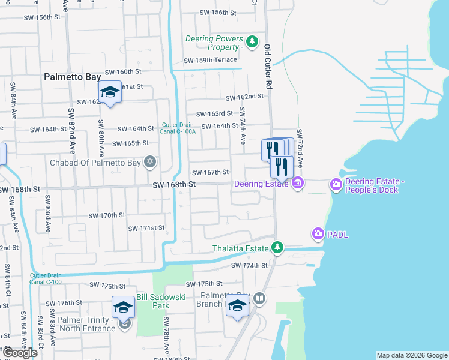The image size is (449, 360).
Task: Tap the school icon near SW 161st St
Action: (110, 92)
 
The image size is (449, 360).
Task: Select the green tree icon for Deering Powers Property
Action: (252, 41)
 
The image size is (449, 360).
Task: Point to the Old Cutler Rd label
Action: (268, 67)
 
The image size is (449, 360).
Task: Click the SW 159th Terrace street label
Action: (210, 60)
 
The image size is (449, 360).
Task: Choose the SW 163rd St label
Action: (215, 113)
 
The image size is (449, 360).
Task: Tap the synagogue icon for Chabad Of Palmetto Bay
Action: (150, 162)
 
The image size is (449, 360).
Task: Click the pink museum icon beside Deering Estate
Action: (298, 184)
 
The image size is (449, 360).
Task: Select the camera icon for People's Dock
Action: (336, 185)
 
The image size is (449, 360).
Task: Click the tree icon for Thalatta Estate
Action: (277, 247)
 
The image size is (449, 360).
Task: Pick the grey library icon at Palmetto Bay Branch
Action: (259, 298)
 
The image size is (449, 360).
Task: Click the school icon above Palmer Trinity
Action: (123, 307)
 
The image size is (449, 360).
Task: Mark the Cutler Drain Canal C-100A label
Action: (178, 128)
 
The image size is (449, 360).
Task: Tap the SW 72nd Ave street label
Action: (299, 147)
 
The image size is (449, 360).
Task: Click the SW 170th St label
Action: (107, 215)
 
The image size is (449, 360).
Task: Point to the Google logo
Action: (19, 352)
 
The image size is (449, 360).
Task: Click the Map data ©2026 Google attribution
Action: (412, 355)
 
